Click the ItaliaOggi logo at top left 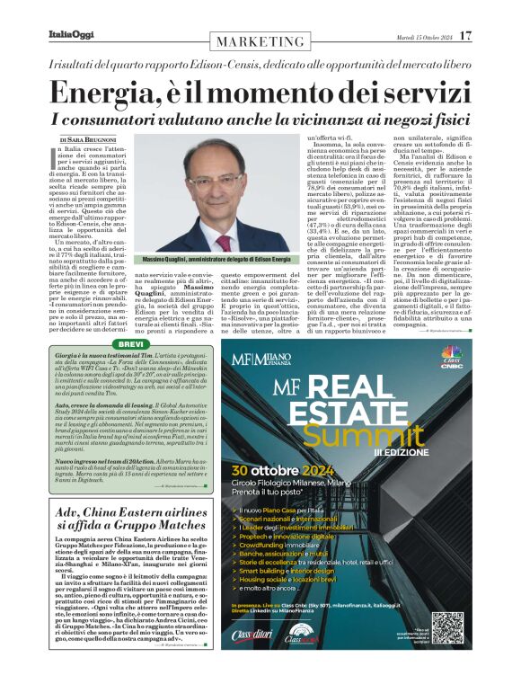pos(70,35)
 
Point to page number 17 pos(465,35)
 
